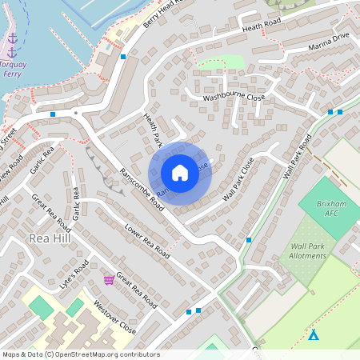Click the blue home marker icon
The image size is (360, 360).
tap(180, 172)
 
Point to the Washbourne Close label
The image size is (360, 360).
tap(233, 97)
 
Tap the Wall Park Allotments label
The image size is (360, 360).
tap(308, 251)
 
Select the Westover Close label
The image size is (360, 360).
tap(114, 315)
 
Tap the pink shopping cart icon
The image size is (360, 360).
tap(108, 279)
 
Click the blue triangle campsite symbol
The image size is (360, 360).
tap(314, 335)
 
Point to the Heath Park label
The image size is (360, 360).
tap(152, 130)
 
